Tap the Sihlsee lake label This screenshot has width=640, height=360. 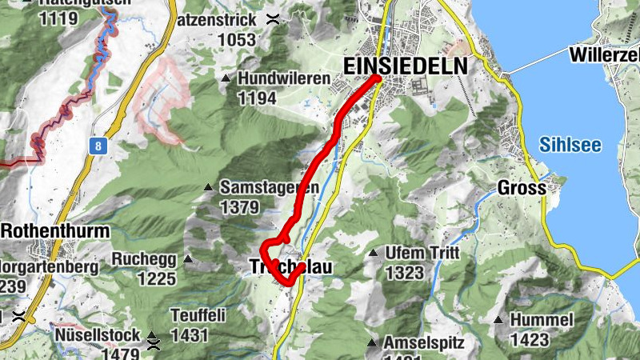click(570, 145)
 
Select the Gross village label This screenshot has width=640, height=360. click(521, 189)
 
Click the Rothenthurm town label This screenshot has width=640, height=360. click(55, 231)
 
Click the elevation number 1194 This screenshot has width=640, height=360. click(256, 98)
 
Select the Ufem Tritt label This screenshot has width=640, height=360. click(422, 253)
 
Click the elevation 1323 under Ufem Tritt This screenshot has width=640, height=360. click(404, 272)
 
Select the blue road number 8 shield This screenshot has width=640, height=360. click(98, 146)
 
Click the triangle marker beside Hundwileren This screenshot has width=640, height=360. click(226, 78)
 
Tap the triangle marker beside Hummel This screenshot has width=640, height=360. click(498, 320)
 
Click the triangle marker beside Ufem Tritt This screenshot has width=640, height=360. click(373, 253)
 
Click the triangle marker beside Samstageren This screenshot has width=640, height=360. click(208, 187)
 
